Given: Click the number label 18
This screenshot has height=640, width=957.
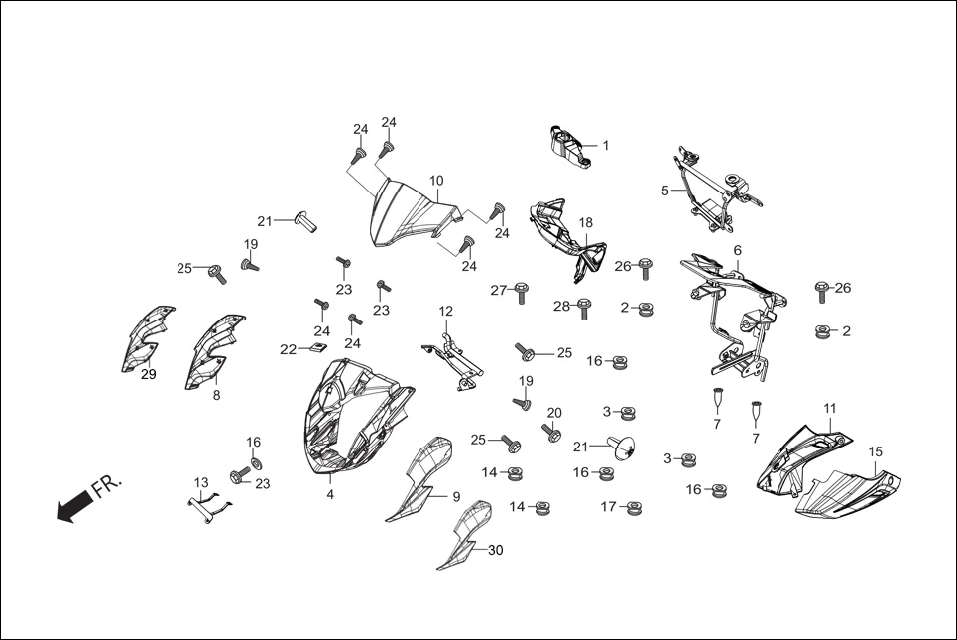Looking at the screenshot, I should [586, 223].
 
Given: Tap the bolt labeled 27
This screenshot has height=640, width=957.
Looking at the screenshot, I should [522, 291].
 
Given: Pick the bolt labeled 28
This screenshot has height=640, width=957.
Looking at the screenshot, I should [584, 308].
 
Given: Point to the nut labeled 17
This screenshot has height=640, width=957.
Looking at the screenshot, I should [632, 508].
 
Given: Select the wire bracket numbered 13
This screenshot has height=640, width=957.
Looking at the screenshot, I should [211, 504].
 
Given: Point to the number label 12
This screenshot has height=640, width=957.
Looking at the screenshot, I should [446, 312].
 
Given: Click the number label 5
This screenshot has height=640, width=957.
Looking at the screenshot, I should [665, 190].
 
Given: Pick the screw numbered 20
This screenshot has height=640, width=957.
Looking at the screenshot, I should [549, 432].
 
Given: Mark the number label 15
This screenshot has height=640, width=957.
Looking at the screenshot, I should [876, 452].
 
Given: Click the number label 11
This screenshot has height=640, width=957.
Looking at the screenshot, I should [830, 409].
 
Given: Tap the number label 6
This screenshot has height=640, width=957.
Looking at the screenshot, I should [738, 250].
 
